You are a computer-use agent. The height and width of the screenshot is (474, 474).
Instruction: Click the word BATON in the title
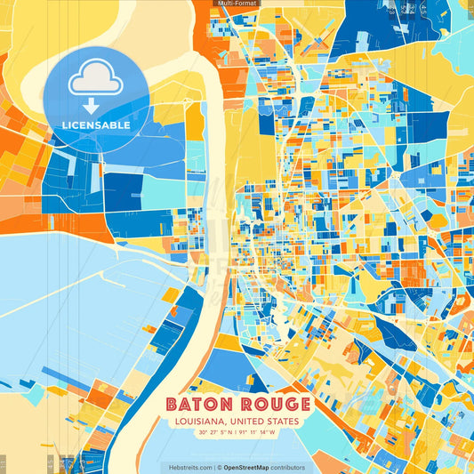tap(198, 405)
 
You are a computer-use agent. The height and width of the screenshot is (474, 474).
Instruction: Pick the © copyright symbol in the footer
tap(218, 467)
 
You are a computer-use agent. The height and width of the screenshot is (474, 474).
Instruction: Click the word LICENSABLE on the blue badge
tap(96, 125)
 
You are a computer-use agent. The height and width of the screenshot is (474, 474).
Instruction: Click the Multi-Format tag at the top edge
tap(237, 4)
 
